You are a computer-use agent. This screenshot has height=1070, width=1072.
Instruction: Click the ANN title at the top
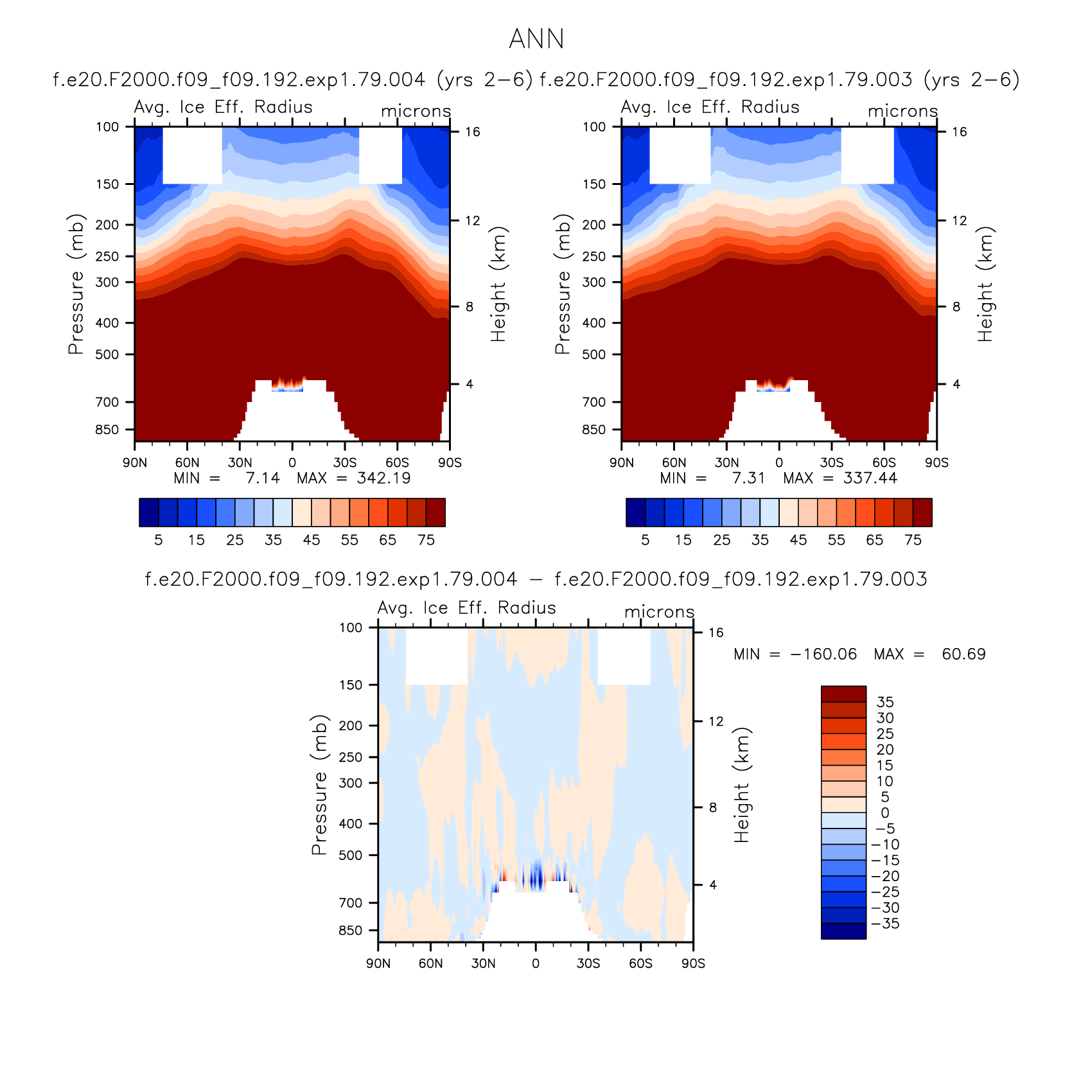coord(536,39)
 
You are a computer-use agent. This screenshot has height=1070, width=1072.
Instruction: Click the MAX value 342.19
coord(383,478)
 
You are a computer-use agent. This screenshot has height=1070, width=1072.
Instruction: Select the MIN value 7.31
coord(749,478)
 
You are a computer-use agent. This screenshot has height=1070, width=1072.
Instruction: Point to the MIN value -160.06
coord(823,654)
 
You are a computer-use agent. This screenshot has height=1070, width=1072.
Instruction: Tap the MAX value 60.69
coord(963,654)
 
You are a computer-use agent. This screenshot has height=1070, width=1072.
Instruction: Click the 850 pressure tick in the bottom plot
coord(351,930)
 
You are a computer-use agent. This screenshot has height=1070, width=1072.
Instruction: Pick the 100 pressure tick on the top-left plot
coord(107,127)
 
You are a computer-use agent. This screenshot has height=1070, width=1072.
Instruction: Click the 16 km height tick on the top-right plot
coord(959,132)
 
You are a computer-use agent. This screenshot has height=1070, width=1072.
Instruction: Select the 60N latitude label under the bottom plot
coord(430,963)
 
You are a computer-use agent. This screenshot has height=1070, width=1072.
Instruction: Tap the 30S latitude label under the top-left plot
coord(345,462)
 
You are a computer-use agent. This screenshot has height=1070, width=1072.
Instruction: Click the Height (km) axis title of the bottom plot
coord(742,785)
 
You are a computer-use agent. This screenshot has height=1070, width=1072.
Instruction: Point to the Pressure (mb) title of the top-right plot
coord(563,284)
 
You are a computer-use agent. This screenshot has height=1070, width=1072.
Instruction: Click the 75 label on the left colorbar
coord(426,540)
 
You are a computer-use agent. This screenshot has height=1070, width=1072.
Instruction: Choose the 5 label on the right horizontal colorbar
coord(646,540)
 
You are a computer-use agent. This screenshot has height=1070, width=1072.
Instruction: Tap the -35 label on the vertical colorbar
coord(885,924)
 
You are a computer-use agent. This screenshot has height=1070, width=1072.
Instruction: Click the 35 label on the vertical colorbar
coord(885,702)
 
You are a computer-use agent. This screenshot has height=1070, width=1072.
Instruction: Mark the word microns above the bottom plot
coord(660,612)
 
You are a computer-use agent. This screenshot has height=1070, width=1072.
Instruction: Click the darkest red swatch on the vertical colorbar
coord(843,694)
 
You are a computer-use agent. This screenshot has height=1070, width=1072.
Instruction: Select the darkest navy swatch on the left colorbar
coord(149,513)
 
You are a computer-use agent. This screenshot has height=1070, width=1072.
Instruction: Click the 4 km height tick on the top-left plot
coord(470,384)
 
